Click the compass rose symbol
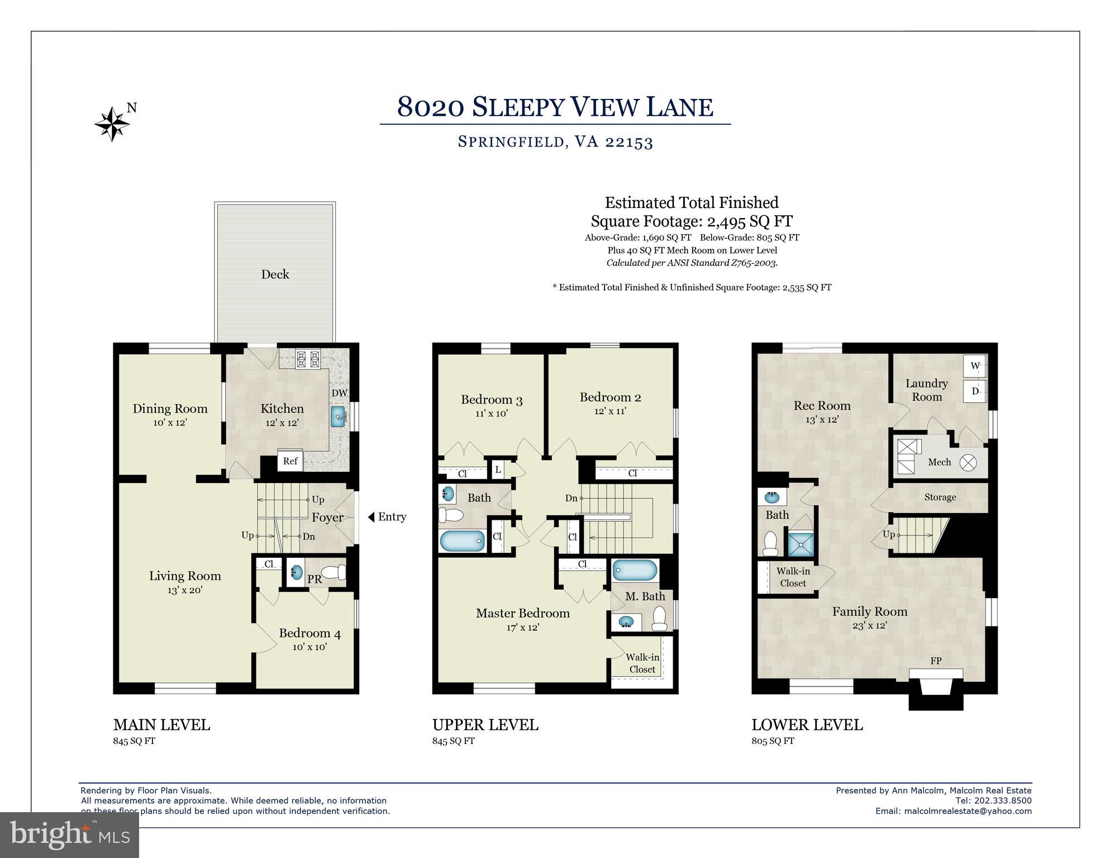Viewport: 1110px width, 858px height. pos(112,124)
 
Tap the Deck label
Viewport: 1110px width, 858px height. pos(275,274)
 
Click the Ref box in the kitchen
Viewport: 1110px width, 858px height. pos(290,461)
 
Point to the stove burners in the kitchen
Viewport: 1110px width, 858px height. pos(307,358)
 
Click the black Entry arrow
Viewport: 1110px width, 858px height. pos(371,517)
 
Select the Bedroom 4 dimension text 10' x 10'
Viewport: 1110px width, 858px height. pos(309,647)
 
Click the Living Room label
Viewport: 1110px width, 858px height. pos(185,576)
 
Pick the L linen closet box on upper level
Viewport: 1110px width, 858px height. pos(498,470)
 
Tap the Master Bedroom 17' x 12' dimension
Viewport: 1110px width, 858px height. pos(522,628)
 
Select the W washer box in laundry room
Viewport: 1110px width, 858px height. pos(975,366)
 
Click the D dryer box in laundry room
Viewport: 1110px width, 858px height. pos(975,391)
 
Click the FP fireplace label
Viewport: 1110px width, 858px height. pos(936,661)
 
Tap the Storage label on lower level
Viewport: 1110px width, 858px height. pos(940,497)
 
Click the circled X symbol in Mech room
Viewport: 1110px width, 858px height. pos(968,463)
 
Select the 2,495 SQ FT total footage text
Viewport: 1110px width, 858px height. pos(744,222)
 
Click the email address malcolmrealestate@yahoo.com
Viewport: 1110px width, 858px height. pos(968,811)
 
